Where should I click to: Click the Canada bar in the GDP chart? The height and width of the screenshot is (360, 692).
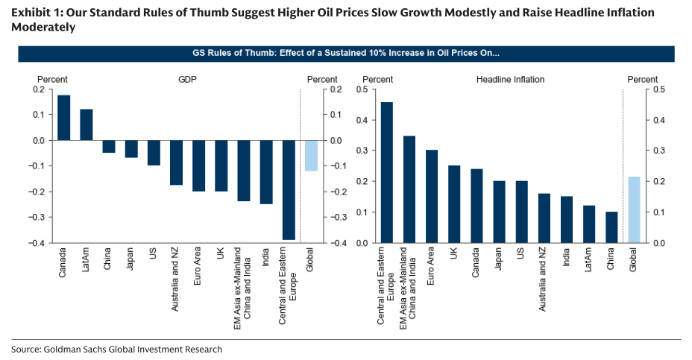coord(63,118)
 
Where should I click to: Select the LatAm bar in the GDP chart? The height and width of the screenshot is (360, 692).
coord(86,124)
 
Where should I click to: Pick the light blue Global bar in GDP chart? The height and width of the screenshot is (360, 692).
coord(311,155)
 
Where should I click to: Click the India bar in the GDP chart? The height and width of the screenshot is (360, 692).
coord(266,171)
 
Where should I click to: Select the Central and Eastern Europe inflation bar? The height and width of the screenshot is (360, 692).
coord(386,172)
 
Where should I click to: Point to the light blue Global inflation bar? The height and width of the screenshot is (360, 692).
coord(634,209)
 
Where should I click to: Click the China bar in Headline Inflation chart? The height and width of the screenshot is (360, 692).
coord(611,227)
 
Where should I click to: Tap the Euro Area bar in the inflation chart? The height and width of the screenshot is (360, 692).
coord(431,196)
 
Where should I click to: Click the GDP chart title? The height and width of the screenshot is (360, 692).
coord(187,79)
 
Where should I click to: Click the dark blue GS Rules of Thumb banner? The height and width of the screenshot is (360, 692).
coord(346,54)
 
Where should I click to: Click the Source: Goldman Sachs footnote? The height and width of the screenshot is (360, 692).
coord(116,349)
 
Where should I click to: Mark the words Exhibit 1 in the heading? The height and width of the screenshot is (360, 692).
coord(37,13)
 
